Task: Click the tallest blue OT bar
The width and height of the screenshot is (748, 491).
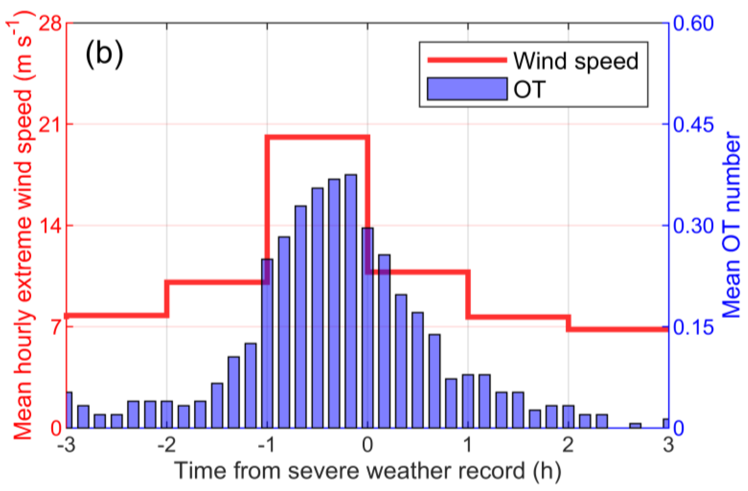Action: pyautogui.click(x=350, y=300)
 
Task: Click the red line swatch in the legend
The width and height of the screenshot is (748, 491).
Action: pyautogui.click(x=467, y=60)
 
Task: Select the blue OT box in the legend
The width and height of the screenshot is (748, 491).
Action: pyautogui.click(x=467, y=89)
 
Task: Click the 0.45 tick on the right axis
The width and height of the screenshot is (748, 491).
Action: pyautogui.click(x=693, y=124)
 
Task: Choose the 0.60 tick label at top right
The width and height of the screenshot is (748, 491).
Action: pyautogui.click(x=693, y=24)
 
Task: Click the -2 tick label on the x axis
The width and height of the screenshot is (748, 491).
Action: pyautogui.click(x=166, y=445)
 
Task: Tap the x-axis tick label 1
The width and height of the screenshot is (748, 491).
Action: pyautogui.click(x=468, y=445)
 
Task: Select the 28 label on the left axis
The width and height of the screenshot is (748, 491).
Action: pyautogui.click(x=50, y=24)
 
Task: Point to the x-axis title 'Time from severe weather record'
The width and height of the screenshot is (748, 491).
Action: pyautogui.click(x=367, y=471)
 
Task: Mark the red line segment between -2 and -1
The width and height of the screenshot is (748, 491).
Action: pyautogui.click(x=217, y=282)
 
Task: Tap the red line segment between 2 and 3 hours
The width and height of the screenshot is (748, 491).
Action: pyautogui.click(x=619, y=329)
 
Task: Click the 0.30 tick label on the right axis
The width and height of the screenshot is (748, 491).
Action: pyautogui.click(x=693, y=226)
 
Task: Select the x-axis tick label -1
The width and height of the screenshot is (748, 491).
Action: pyautogui.click(x=267, y=445)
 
